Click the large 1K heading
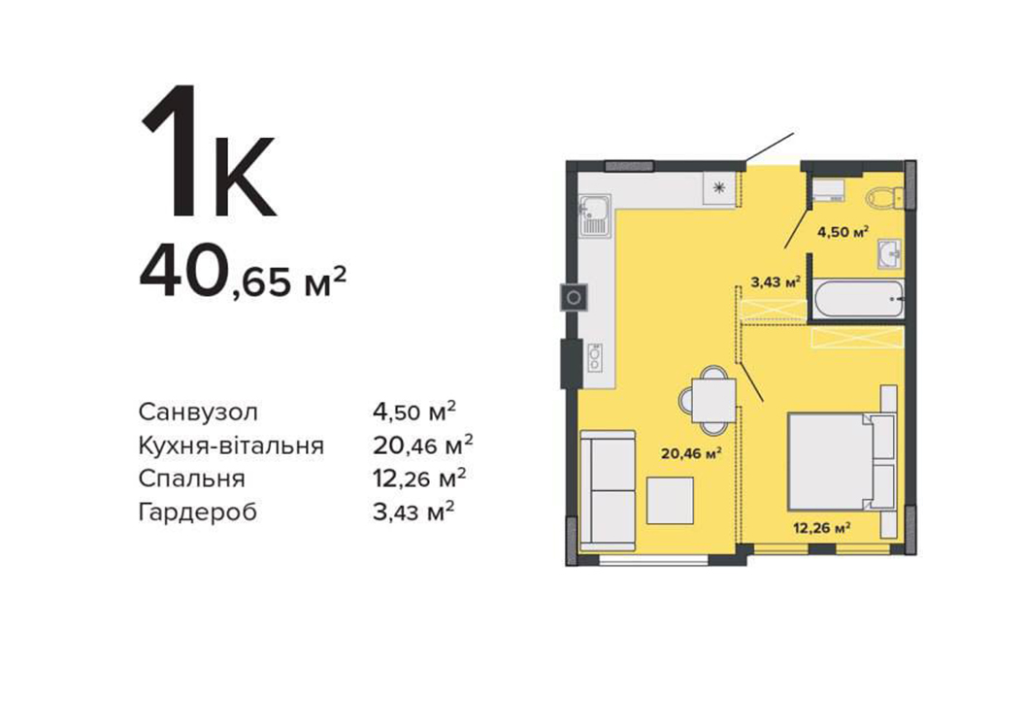(x=208, y=151)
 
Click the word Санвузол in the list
(x=199, y=412)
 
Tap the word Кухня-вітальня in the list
(x=231, y=445)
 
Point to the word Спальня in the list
(x=192, y=479)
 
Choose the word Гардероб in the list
(x=198, y=512)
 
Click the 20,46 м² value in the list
(x=422, y=445)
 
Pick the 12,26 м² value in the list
(x=419, y=478)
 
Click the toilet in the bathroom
(x=885, y=196)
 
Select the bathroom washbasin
(x=890, y=253)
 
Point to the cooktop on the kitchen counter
(x=595, y=357)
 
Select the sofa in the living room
(x=608, y=489)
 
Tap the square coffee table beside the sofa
(x=670, y=500)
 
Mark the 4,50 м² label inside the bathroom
(x=843, y=232)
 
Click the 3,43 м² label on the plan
(x=776, y=282)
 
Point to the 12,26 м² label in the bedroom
(x=821, y=528)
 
